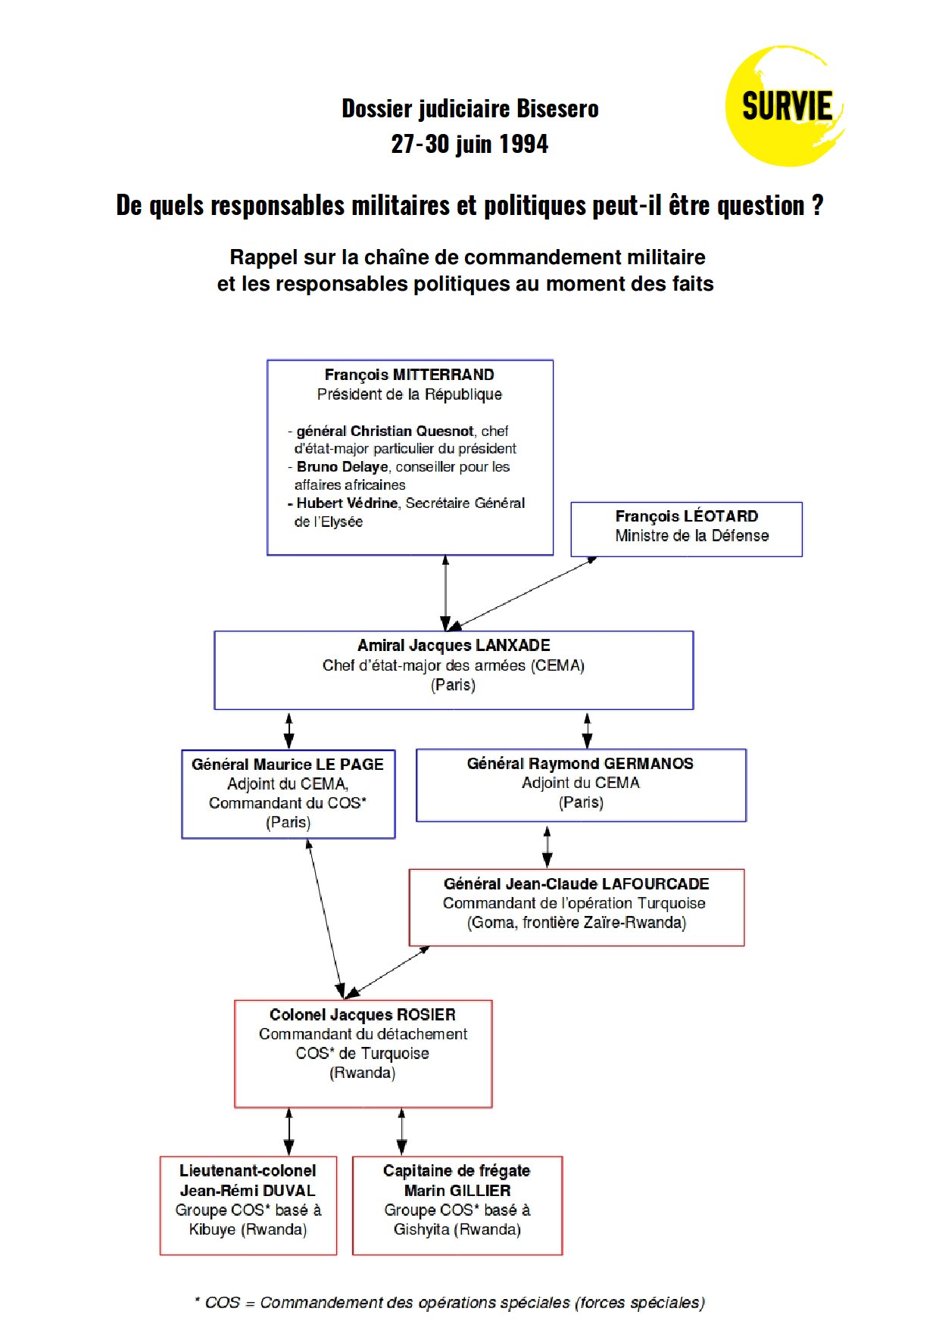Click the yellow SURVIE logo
tap(785, 106)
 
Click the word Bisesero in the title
tap(557, 109)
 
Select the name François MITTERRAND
tap(409, 375)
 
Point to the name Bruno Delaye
tap(342, 467)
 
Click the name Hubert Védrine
tap(347, 503)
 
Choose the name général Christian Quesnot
tap(385, 431)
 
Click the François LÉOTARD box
tap(686, 529)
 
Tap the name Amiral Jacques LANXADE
tap(454, 646)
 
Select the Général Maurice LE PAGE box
tap(289, 794)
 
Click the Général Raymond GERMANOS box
tap(581, 785)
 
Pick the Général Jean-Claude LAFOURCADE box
tap(576, 908)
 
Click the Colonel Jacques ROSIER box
tap(363, 1054)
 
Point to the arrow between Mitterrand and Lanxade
tap(445, 593)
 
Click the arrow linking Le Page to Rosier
tap(326, 919)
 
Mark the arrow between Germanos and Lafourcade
tap(547, 846)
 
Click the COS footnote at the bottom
tap(450, 1303)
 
